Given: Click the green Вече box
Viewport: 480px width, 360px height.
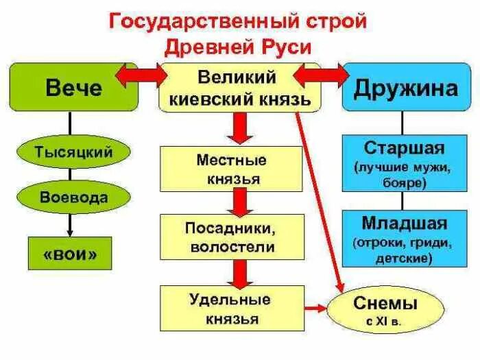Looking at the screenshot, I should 73,87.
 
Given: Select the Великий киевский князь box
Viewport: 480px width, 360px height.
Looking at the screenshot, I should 240,87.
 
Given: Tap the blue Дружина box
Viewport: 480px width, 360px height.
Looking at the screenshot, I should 407,87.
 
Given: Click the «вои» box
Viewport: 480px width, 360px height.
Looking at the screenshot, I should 69,253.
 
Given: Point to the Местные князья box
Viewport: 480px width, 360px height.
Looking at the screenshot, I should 231,169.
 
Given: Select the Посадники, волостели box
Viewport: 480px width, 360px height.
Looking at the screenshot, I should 231,237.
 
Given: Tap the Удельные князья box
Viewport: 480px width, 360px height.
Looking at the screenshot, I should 231,309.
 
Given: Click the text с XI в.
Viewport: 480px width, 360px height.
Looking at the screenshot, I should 375,320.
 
